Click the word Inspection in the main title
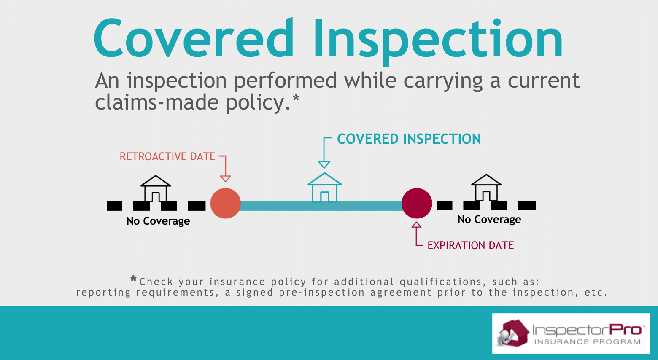coord(438,42)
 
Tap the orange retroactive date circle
coord(226,203)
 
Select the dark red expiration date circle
coord(417,203)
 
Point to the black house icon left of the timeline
coord(156,188)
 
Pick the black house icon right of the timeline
coord(486,188)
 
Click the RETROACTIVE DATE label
coord(167,156)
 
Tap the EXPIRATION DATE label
coord(471,245)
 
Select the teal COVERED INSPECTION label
coord(409,139)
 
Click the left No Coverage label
coord(158,221)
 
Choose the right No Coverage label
coord(489,219)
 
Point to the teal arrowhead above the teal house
coord(324,164)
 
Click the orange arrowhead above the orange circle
coord(225,178)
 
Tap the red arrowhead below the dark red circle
coord(416,225)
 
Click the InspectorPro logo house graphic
coord(511,333)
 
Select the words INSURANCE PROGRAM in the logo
coord(587,342)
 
